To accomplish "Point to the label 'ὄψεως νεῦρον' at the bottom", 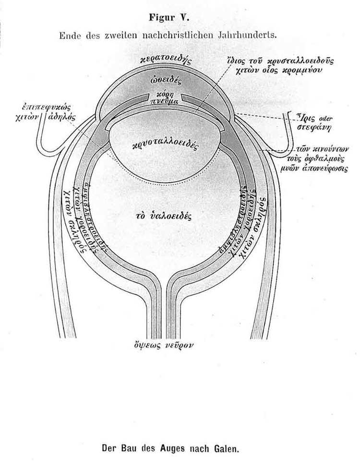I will click(x=165, y=345).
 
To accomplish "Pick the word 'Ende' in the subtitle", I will click(x=69, y=35).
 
